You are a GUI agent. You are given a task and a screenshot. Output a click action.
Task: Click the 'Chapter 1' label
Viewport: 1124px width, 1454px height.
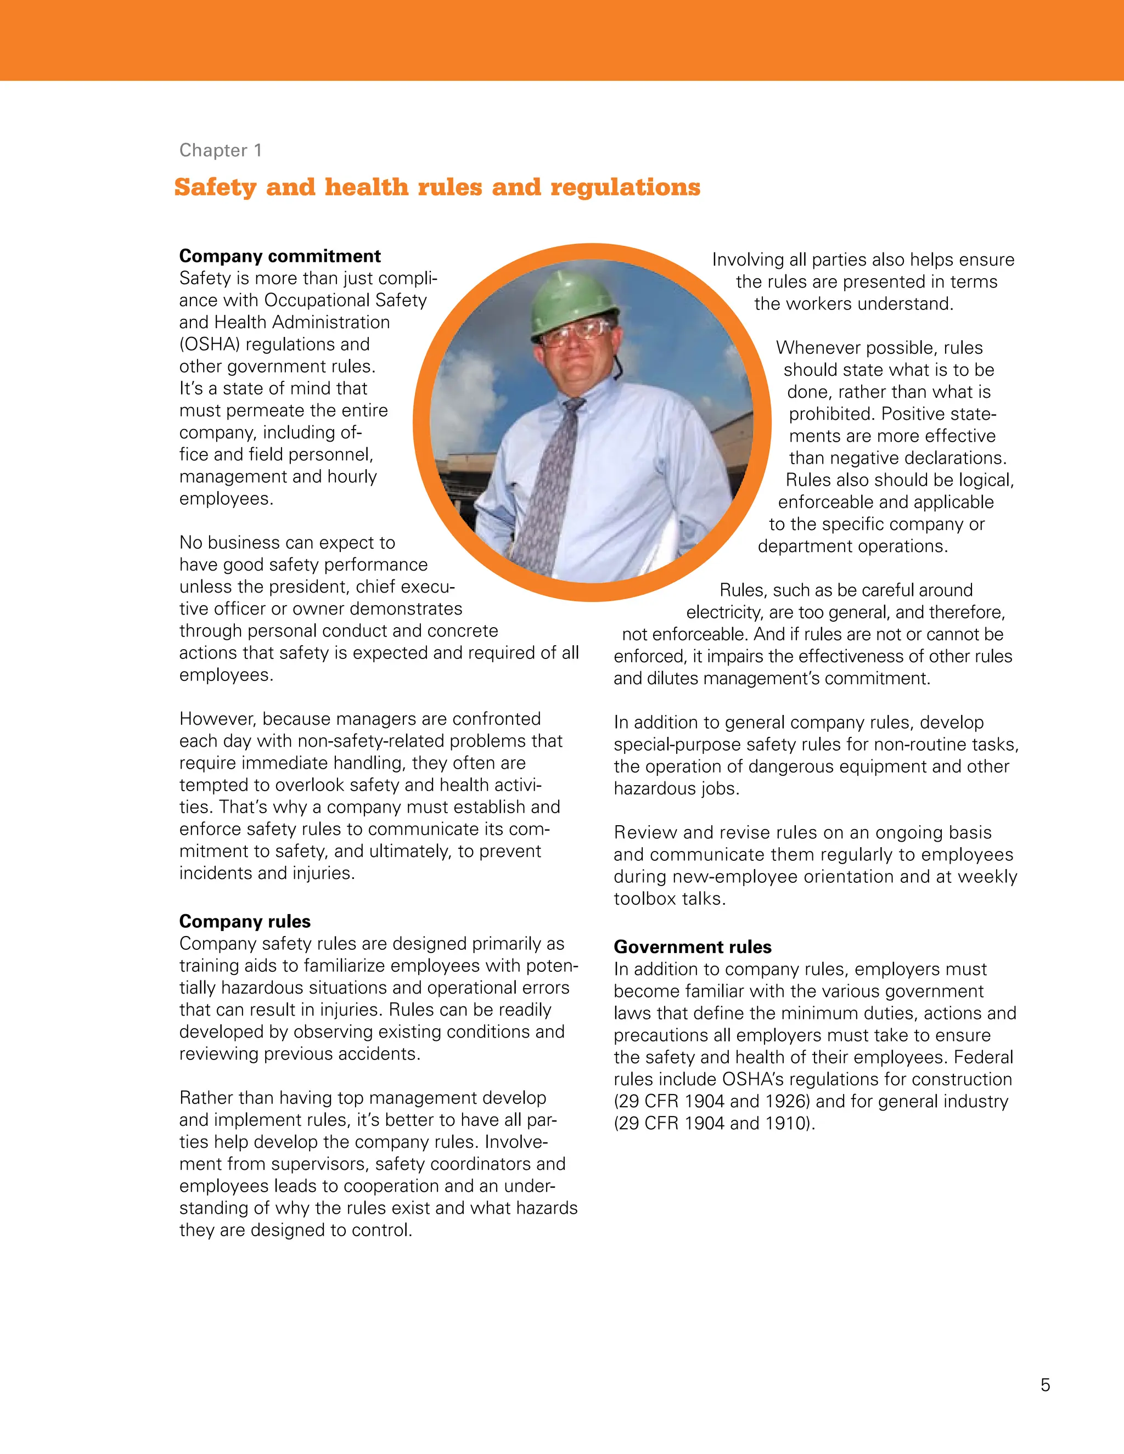221,150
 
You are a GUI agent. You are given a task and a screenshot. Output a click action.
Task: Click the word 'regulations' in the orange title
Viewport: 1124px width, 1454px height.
625,188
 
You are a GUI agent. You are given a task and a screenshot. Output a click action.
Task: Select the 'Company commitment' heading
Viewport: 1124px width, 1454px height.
280,256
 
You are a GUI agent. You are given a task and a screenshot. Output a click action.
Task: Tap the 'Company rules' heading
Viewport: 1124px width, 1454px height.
244,921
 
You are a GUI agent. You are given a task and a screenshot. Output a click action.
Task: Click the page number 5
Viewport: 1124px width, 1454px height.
1045,1385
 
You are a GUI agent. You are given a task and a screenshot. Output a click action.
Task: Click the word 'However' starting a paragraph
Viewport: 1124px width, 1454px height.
217,719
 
